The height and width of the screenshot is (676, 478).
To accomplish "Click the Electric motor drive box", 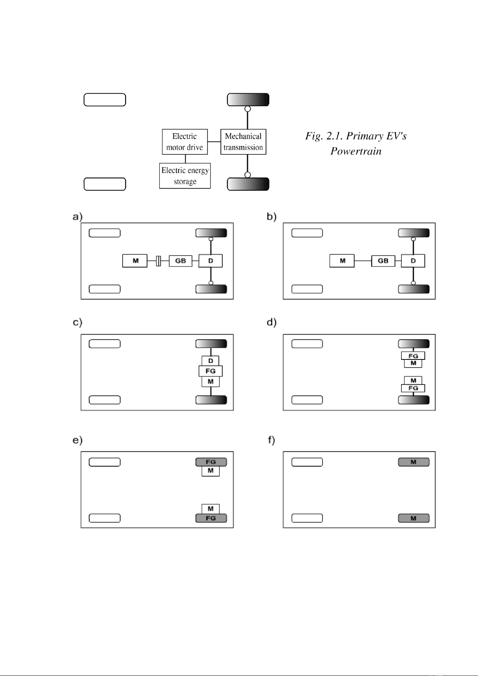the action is pos(185,142).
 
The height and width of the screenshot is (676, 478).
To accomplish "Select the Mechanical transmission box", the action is pos(243,142).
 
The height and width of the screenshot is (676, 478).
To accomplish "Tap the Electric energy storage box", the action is pos(185,176).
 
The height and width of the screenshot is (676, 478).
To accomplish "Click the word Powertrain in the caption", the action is pos(356,151).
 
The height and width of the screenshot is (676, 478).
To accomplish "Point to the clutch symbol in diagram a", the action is pos(158,261).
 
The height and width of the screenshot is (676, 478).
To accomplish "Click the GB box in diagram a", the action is pos(180,261).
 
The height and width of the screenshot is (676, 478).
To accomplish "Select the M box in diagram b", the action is pos(342,261).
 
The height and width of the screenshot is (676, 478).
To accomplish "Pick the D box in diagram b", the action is pos(413,261).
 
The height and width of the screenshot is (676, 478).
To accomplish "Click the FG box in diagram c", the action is pos(211,371).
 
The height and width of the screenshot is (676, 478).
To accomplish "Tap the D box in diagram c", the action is pos(211,361).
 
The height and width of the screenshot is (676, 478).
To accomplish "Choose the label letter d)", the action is pos(272,322).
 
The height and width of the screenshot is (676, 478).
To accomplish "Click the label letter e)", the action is pos(77,440).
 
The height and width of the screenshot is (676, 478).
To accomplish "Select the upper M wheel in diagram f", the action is pos(414,462).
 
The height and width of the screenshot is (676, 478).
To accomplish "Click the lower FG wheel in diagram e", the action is pos(211,518).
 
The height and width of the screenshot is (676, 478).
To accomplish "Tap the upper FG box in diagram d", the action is pos(413,356).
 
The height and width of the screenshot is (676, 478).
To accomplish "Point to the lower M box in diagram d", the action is pos(413,380).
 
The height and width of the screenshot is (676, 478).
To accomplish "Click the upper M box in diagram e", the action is pos(211,471).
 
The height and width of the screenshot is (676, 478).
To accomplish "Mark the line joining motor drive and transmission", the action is pos(214,142).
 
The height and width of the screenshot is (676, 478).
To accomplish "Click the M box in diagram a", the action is pos(135,261).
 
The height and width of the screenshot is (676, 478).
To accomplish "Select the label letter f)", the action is pos(271,440).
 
